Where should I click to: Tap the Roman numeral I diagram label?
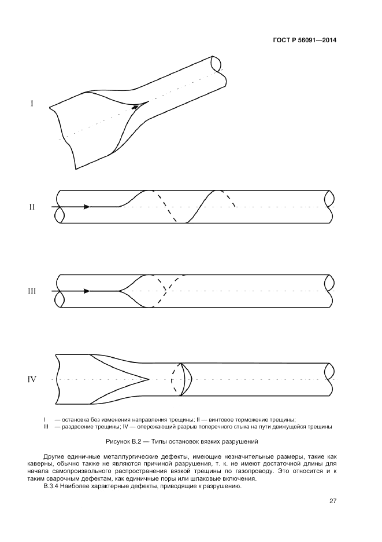[32, 104]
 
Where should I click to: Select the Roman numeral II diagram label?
[32, 207]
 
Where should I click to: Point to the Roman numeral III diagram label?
[32, 291]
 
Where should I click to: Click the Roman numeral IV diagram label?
[32, 380]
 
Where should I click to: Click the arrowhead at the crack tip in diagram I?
[135, 107]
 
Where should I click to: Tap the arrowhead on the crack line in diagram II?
[86, 207]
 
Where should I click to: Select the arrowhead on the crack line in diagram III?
[86, 291]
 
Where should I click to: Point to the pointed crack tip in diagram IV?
[149, 380]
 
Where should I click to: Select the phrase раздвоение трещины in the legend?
[82, 427]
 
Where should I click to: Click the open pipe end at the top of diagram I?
[217, 62]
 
